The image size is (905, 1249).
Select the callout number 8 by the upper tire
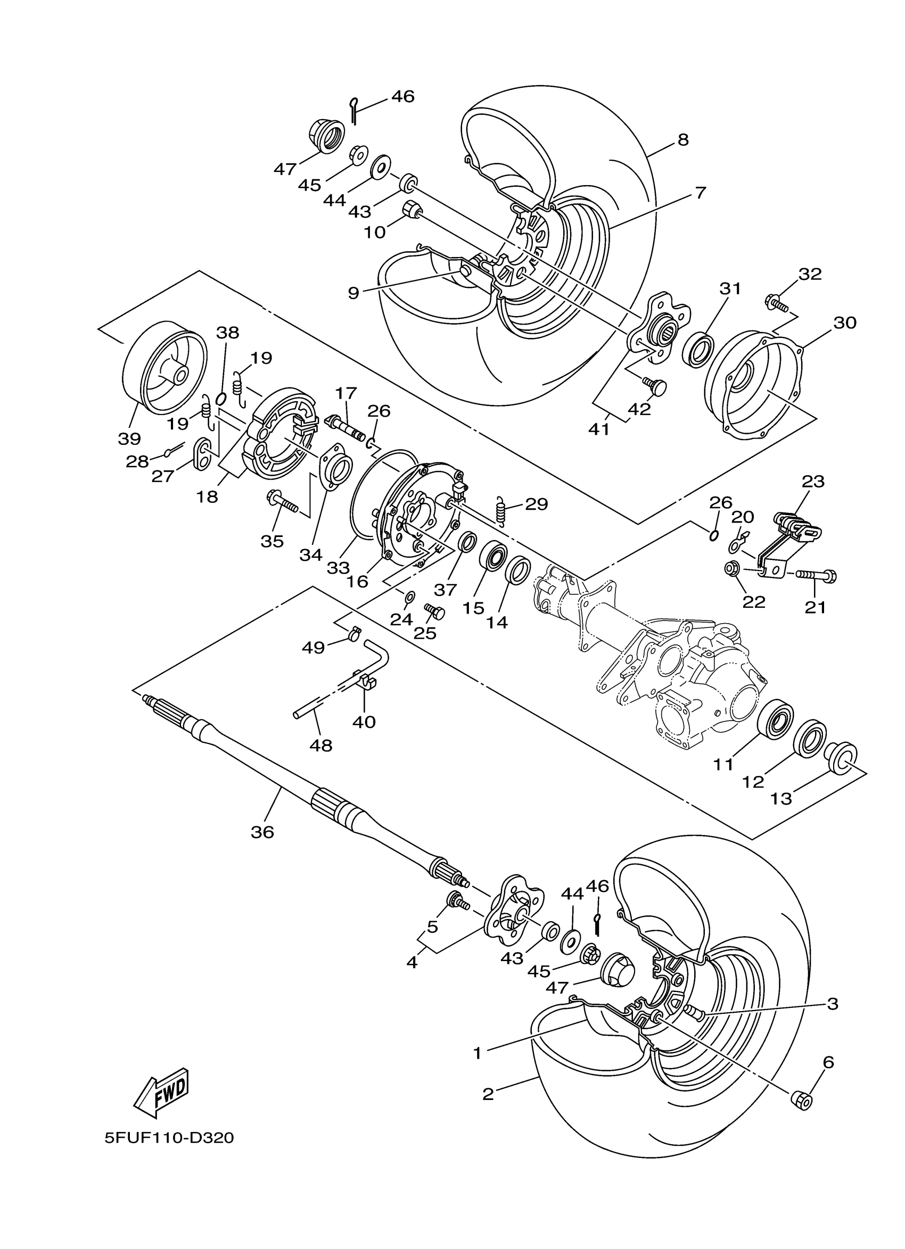point(682,140)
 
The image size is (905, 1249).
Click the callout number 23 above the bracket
point(813,481)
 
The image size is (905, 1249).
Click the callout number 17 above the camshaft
point(347,393)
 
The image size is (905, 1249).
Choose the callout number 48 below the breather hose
point(320,746)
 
